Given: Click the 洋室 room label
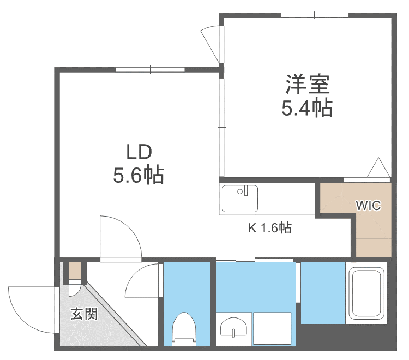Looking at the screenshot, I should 307,85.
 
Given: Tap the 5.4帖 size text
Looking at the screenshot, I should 307,109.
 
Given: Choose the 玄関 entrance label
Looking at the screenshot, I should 84,314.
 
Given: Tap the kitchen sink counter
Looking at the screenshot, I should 240,198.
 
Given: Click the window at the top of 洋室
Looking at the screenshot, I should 315,15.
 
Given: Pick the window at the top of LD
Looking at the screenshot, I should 150,69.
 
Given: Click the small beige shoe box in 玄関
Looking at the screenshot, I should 74,271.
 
